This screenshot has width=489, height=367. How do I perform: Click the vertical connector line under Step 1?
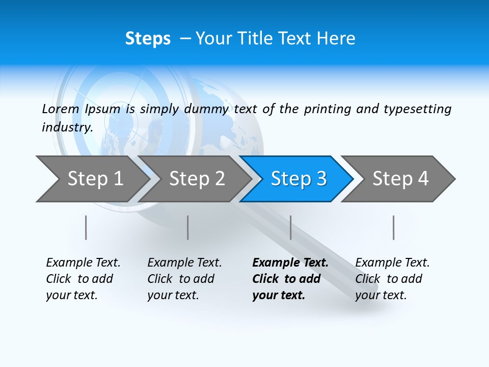(x=86, y=227)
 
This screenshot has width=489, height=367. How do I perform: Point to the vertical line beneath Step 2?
(x=188, y=227)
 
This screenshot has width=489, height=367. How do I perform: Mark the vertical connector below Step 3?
(x=290, y=227)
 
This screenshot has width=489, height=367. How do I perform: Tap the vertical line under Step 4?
(x=393, y=227)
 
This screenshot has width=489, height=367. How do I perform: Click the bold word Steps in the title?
(x=148, y=39)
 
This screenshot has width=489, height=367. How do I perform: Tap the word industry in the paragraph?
(x=67, y=127)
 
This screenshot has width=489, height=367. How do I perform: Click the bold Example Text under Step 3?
(x=290, y=279)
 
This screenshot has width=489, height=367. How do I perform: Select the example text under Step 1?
(x=83, y=279)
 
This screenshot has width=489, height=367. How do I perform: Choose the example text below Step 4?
(x=392, y=279)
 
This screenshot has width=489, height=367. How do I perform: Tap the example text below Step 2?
(x=184, y=279)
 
